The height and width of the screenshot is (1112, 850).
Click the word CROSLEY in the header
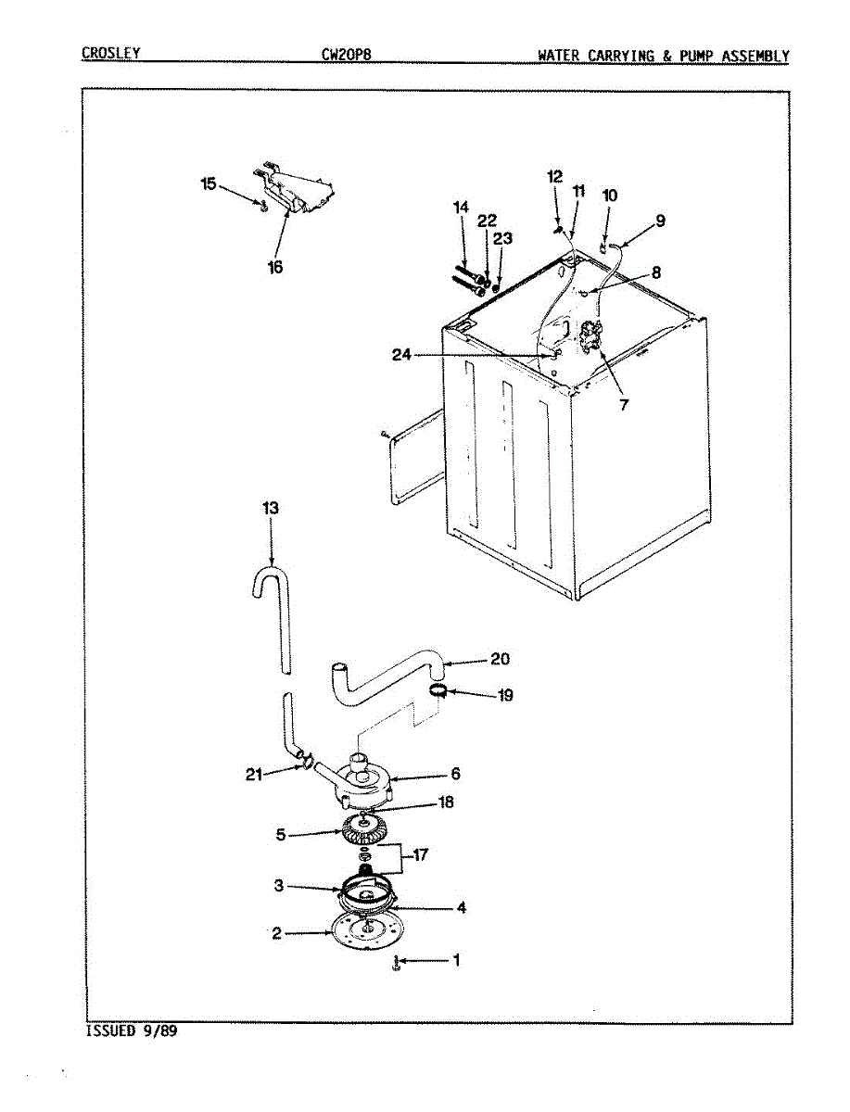point(110,54)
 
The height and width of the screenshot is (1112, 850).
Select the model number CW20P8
point(346,55)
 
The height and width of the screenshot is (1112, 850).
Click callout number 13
point(271,509)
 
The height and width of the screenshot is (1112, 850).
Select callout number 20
point(500,660)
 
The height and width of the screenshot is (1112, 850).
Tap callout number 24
point(400,354)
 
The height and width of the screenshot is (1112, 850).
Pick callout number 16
point(275,267)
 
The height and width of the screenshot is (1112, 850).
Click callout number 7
point(623,404)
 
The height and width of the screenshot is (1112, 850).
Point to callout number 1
point(455,961)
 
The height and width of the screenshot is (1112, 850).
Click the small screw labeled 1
point(396,964)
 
